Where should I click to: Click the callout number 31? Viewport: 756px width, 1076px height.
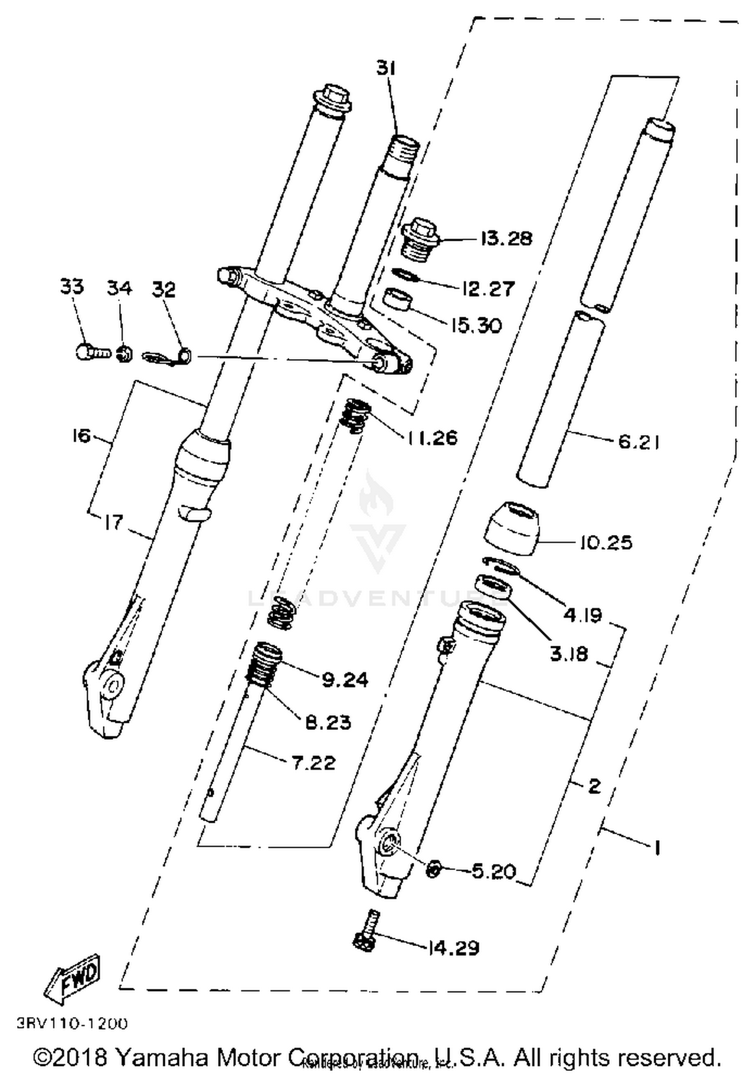click(386, 68)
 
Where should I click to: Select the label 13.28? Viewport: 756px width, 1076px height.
click(506, 238)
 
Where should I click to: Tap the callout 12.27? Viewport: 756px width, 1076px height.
click(487, 289)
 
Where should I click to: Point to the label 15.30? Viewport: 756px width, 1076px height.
click(476, 325)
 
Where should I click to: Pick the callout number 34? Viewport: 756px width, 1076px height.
click(119, 288)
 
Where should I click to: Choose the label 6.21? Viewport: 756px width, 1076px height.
click(638, 442)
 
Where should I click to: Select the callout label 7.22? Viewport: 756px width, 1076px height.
click(313, 763)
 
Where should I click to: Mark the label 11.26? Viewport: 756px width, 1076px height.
click(432, 437)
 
